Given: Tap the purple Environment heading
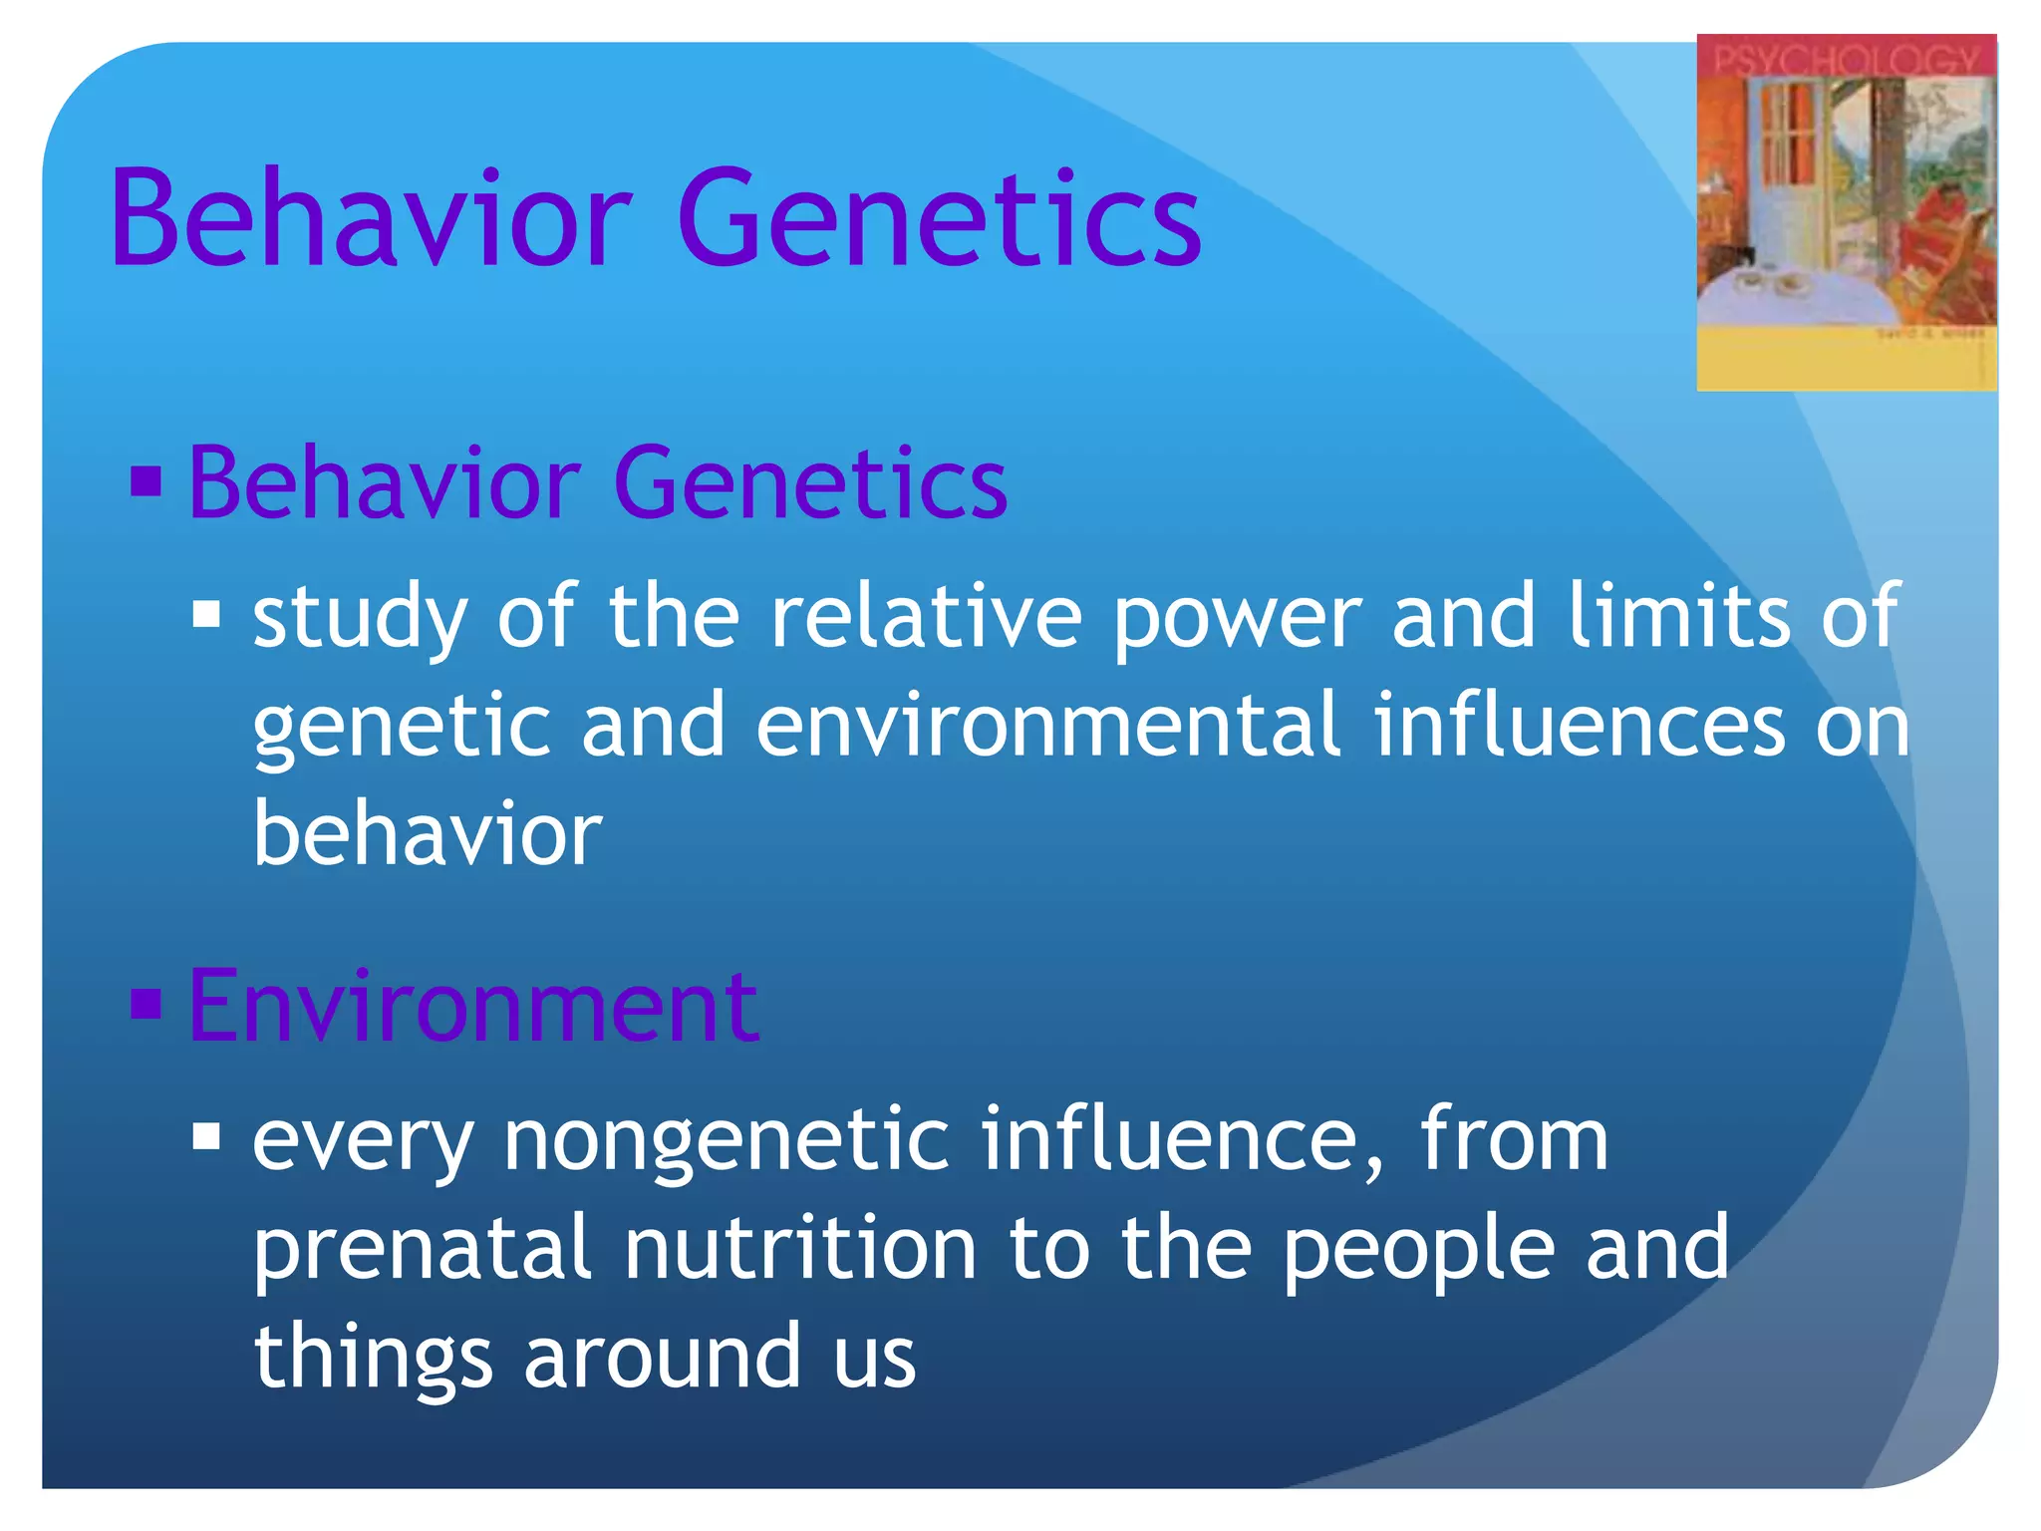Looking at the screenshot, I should tap(473, 1007).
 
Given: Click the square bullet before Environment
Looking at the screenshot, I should tap(146, 1005).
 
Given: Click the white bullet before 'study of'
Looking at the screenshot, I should tap(206, 614).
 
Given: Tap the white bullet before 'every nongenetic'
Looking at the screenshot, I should tap(206, 1136).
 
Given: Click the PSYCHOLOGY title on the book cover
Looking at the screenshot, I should tap(1846, 62).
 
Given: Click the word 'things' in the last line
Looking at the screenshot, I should tap(373, 1358).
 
